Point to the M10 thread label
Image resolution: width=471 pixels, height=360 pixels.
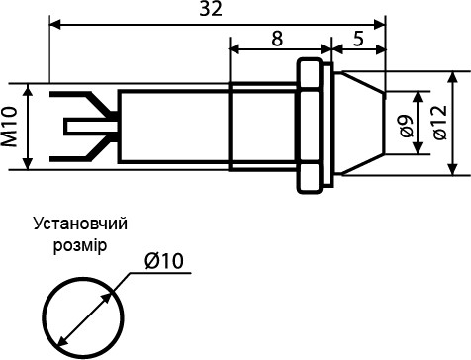[x=11, y=128]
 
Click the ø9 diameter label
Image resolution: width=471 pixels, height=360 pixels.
[x=405, y=127]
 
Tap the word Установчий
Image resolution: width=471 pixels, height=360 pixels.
[x=80, y=224]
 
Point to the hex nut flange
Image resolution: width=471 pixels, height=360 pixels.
[x=312, y=128]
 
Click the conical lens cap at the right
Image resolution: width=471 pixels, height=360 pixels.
[x=357, y=126]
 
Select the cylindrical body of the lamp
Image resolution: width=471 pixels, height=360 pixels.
[x=173, y=128]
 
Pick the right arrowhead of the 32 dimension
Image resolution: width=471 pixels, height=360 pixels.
[x=380, y=19]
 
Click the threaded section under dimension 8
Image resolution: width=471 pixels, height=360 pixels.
[x=262, y=128]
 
